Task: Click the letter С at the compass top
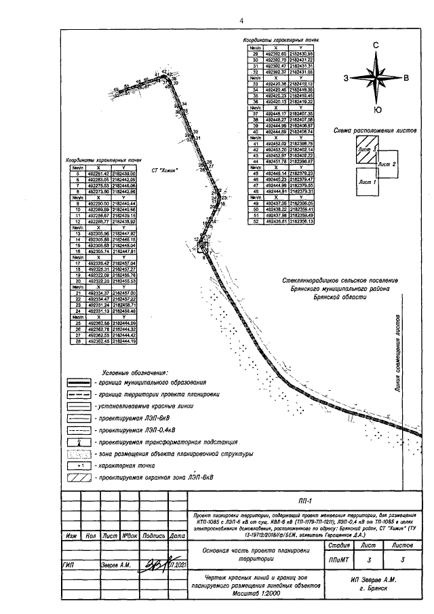[375, 44]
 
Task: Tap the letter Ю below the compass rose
[377, 110]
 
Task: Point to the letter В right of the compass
[406, 78]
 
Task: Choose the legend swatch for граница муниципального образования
[79, 383]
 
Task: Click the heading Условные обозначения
[134, 372]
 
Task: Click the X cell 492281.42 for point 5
[98, 173]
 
